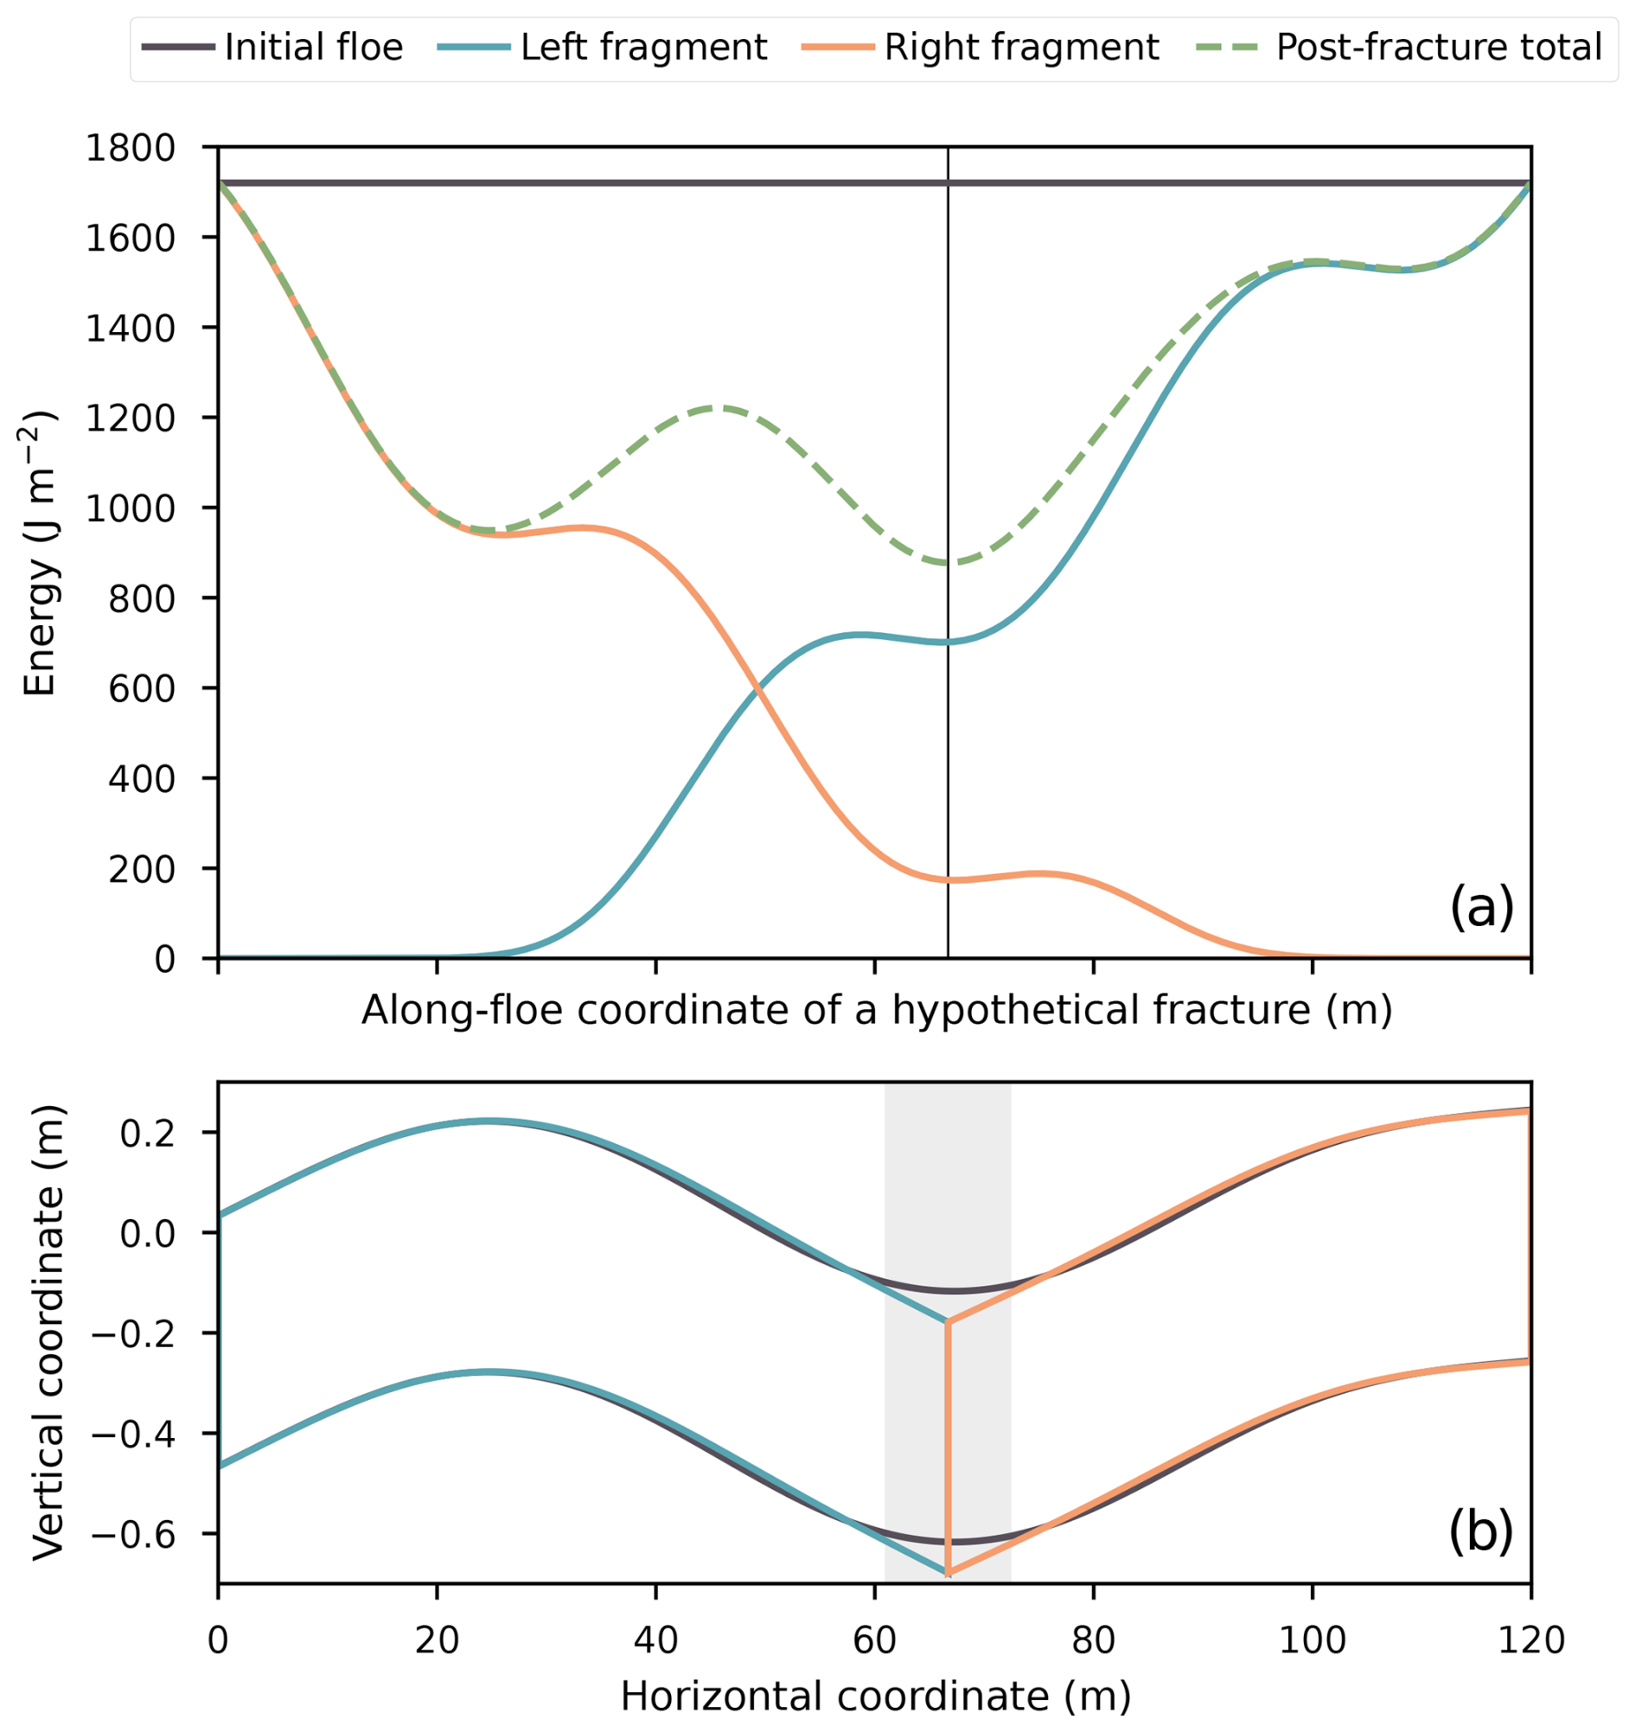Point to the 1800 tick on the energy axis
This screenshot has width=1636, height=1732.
pos(130,147)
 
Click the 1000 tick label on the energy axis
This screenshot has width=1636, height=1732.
pos(130,508)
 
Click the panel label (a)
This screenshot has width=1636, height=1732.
pos(1480,908)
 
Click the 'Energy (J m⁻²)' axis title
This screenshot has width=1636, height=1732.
pos(40,553)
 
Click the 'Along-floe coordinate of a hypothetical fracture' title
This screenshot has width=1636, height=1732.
pos(875,1010)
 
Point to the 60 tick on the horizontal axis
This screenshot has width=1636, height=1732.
pos(875,1641)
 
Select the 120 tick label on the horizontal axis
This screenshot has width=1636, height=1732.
pos(1531,1641)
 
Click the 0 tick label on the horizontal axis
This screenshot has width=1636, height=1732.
pos(218,1641)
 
